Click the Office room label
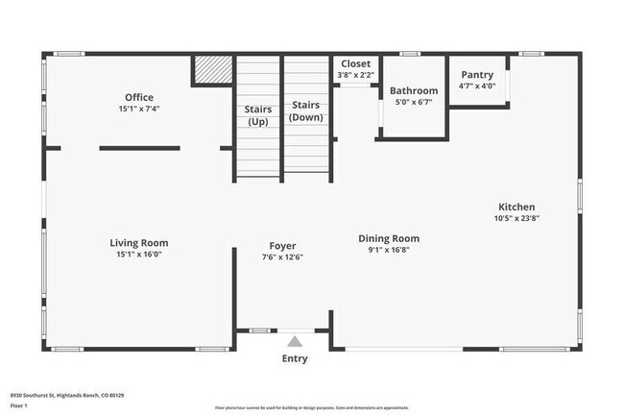click(139, 97)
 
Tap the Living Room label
click(139, 243)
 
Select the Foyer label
click(282, 246)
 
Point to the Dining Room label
click(389, 238)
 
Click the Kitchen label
click(516, 207)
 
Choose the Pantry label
click(477, 75)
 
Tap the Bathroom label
click(414, 91)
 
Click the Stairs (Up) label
click(258, 115)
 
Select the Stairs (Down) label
click(306, 110)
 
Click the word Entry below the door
click(295, 358)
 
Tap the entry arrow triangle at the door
click(295, 339)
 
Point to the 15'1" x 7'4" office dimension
click(139, 110)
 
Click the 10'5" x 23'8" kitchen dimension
click(516, 218)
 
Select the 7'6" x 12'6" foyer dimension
click(282, 257)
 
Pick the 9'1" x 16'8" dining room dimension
click(389, 250)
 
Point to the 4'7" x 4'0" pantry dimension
click(477, 86)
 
